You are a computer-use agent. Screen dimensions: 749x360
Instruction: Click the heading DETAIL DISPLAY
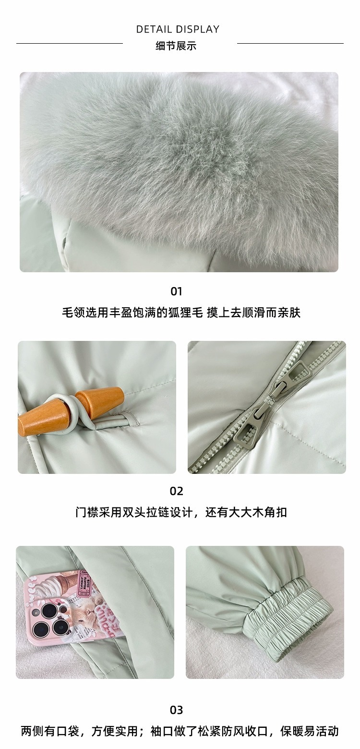click(178, 29)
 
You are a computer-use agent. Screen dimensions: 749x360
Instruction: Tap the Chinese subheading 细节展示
click(176, 46)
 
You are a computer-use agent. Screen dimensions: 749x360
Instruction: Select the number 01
click(176, 291)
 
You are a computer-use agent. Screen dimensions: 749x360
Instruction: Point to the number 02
click(176, 491)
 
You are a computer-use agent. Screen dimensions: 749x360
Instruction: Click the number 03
click(176, 710)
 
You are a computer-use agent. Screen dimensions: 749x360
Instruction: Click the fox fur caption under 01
click(181, 313)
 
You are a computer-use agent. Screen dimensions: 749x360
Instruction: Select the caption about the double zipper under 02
click(181, 512)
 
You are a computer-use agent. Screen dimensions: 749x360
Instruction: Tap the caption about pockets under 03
click(180, 731)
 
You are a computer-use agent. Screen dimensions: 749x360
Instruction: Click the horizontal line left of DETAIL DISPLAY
click(70, 43)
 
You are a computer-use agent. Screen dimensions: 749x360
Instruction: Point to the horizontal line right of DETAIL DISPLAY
click(290, 43)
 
